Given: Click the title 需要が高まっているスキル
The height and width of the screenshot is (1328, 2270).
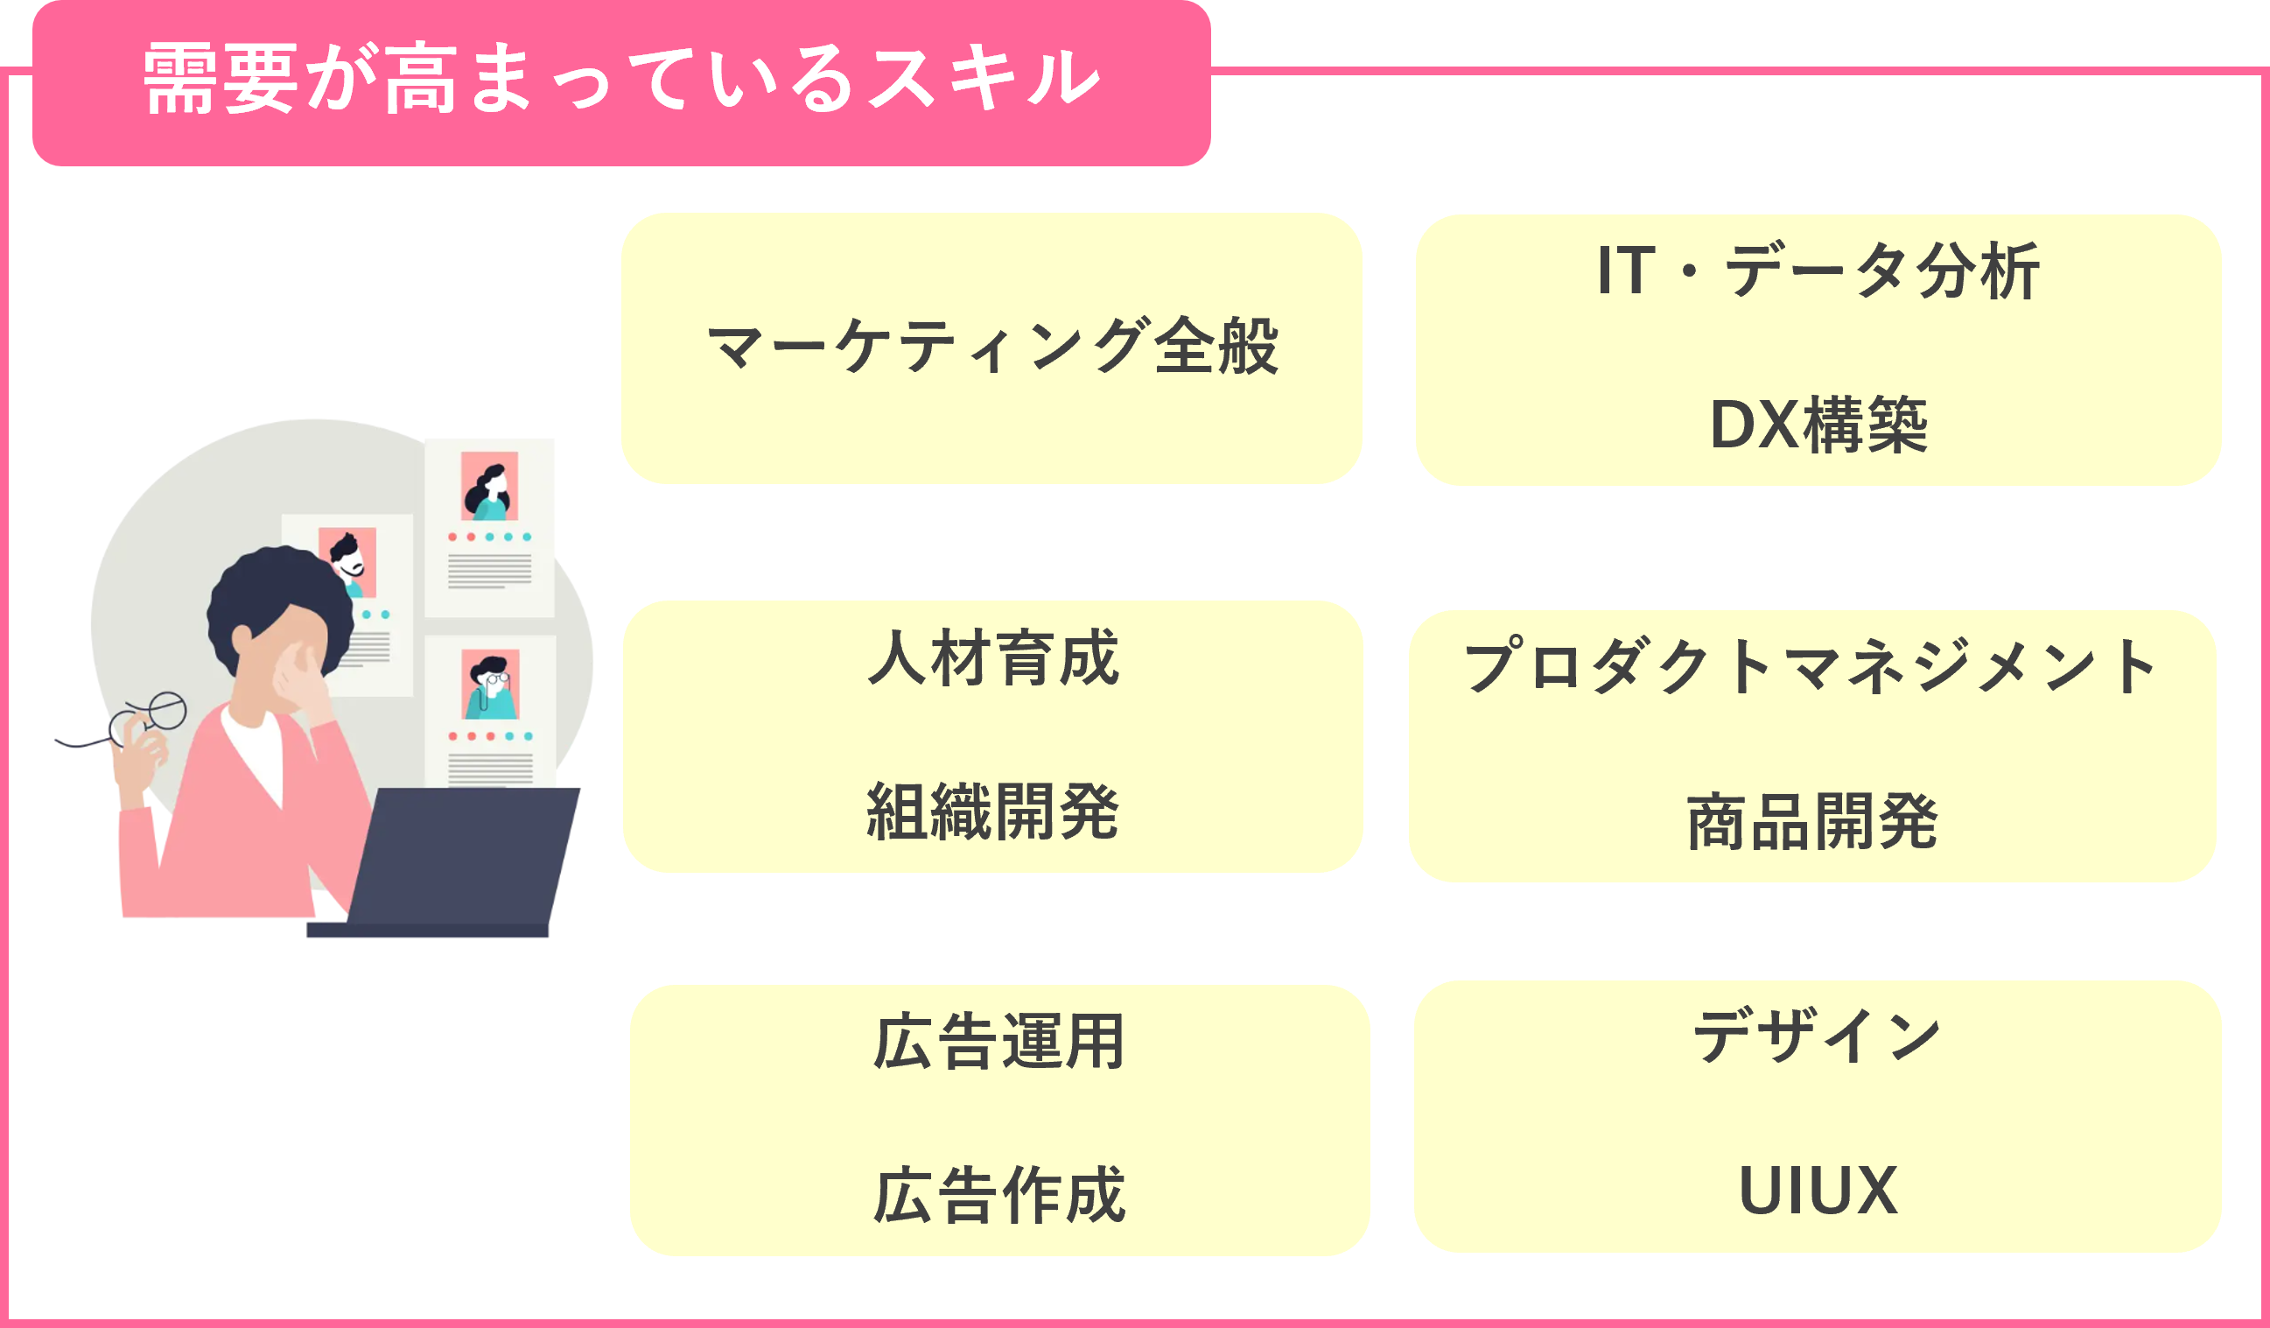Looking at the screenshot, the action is pos(621,80).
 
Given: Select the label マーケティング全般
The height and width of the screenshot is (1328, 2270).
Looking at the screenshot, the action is pos(991,347).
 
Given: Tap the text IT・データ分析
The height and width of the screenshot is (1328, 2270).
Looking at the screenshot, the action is pos(1818,271).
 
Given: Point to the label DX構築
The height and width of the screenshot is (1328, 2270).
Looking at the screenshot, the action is pos(1818,425).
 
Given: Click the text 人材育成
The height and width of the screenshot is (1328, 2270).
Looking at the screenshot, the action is pos(992,657).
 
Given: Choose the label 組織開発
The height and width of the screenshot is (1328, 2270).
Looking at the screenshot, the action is pos(992,812).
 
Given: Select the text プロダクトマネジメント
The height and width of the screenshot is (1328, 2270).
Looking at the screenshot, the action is pos(1811,667).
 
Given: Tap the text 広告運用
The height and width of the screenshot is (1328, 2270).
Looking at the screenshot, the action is pos(999,1042).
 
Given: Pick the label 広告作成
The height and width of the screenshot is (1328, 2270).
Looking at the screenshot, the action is pos(999,1196).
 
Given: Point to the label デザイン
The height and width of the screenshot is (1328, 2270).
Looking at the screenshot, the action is pos(1817,1036).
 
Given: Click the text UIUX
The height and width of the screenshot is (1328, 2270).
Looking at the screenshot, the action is pos(1818,1191).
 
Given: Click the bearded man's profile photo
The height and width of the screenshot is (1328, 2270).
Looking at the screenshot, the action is pos(347,561).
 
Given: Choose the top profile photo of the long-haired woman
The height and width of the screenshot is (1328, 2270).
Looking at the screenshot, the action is pos(489,486).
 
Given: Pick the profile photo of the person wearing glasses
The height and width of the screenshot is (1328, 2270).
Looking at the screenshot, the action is pos(490,684).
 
